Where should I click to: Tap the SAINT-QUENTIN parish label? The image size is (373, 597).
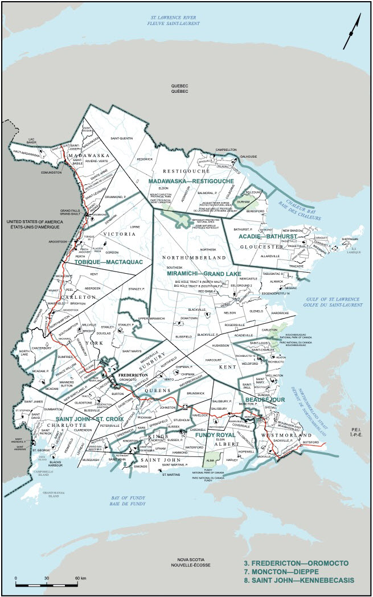(122, 138)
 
